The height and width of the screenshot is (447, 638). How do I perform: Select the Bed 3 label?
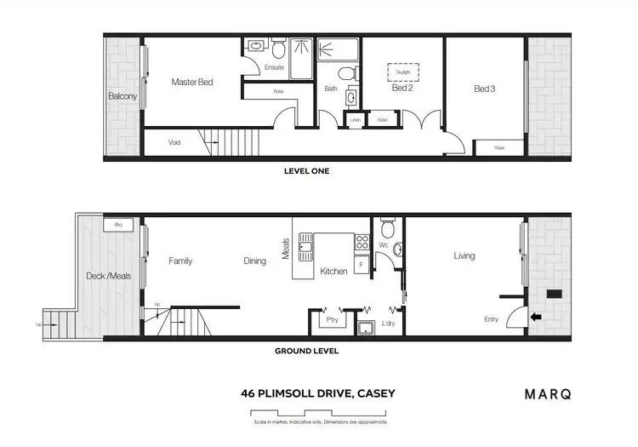485,88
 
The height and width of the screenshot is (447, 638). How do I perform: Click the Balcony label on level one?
122,96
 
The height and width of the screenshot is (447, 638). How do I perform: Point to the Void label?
174,142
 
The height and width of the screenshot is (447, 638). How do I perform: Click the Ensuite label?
274,66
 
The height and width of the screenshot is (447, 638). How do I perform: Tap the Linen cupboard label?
355,121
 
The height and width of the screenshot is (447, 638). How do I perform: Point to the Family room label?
180,261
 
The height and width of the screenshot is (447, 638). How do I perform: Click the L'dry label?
388,324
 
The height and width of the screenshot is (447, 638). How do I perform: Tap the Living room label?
464,255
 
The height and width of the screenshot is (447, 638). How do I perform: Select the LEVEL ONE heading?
306,171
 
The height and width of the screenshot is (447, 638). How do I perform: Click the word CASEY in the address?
371,394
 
